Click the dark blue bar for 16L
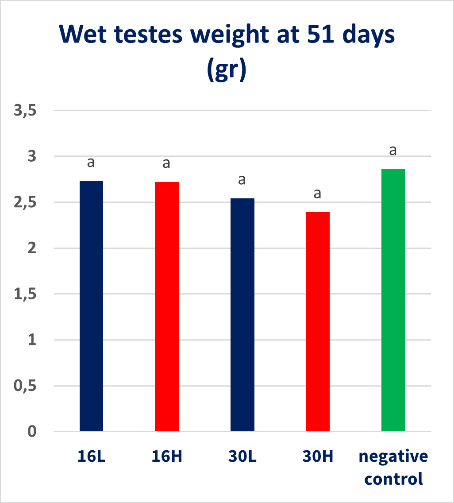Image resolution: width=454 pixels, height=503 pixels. [91, 306]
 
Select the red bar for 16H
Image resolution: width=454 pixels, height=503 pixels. [167, 306]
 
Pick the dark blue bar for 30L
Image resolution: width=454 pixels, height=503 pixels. [242, 314]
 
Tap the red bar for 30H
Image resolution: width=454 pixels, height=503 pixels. [318, 321]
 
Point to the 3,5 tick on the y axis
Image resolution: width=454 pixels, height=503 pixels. [25, 111]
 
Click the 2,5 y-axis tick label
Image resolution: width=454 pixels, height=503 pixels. [25, 202]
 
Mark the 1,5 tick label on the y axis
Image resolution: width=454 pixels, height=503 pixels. [25, 294]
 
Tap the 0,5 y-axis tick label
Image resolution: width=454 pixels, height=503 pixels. [25, 386]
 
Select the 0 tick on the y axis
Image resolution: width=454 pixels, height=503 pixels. [31, 432]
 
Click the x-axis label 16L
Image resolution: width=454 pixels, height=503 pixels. [91, 457]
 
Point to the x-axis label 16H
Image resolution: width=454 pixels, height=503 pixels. [167, 457]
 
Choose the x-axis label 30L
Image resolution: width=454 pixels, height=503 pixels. [242, 457]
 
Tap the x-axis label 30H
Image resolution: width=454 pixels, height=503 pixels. [318, 457]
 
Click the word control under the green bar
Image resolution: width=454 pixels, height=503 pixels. [393, 479]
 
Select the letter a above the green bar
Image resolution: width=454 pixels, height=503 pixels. [392, 151]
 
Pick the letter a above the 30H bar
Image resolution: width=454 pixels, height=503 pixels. [317, 194]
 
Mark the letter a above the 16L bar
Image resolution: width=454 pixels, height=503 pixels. [91, 163]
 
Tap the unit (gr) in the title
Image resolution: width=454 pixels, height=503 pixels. [226, 71]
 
